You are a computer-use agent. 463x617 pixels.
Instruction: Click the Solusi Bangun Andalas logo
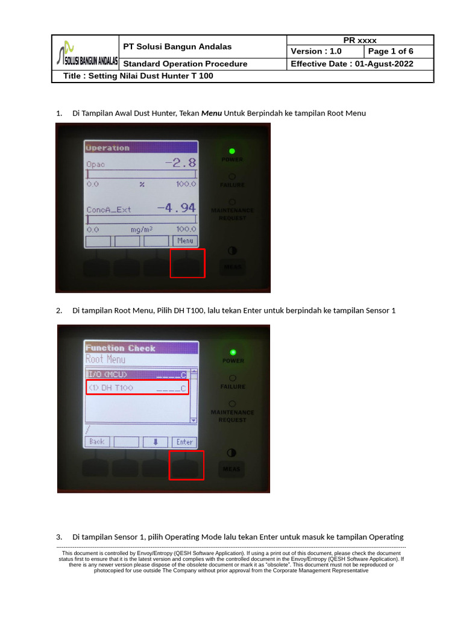coord(86,52)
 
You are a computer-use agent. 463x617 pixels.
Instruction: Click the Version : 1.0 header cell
coord(325,52)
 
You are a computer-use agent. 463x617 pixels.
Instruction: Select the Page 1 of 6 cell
coord(398,52)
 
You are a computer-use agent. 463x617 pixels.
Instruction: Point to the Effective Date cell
coord(360,64)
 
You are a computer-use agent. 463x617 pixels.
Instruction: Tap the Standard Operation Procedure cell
coord(185,64)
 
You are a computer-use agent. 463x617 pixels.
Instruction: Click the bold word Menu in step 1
coord(211,113)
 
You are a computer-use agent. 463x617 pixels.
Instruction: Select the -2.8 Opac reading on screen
coord(181,163)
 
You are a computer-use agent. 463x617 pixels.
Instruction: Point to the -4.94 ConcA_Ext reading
coord(177,208)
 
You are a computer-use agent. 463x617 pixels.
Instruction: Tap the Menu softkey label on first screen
coord(185,241)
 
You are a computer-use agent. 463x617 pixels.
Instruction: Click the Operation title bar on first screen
coord(141,148)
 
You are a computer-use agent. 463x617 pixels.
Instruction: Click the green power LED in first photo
coord(232,151)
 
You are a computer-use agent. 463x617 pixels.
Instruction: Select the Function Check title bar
coord(141,348)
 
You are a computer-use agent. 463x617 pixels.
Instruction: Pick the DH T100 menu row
coord(137,387)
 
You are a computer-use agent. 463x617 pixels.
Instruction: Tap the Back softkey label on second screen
coord(97,442)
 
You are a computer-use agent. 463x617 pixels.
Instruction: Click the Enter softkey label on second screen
coord(184,442)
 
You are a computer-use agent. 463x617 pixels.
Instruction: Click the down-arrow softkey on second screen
coord(156,442)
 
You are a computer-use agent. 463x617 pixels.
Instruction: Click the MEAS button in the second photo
coord(231,469)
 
